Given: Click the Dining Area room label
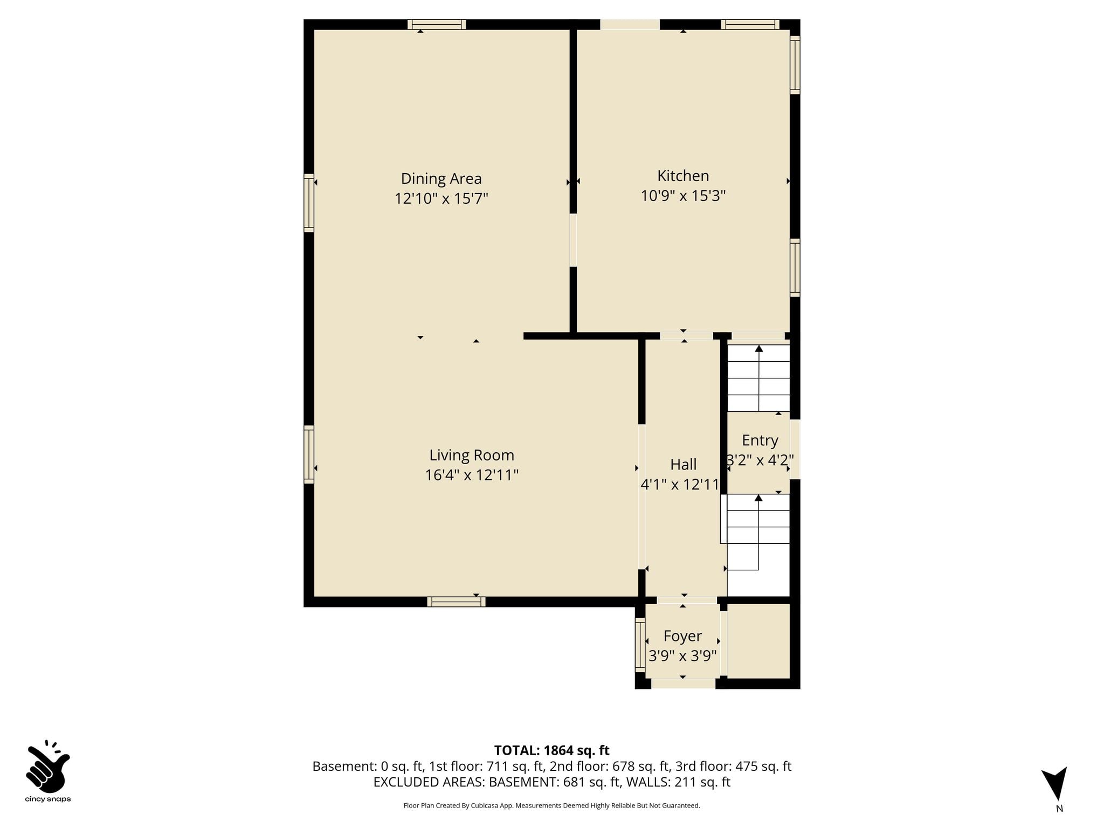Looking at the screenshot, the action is click(441, 178).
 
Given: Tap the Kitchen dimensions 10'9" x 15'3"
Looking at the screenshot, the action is click(683, 196).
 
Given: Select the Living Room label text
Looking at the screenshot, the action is click(472, 456).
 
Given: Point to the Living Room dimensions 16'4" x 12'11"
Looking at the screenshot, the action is click(472, 475).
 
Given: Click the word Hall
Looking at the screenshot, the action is click(683, 464).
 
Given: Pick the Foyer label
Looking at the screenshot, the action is click(682, 636).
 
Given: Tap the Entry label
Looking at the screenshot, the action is click(760, 440).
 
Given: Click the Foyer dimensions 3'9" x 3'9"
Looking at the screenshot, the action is click(682, 656).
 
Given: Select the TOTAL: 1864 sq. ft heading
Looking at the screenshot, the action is click(551, 750).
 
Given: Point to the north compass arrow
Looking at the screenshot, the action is click(1055, 783).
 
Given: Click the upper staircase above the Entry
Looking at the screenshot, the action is click(759, 378).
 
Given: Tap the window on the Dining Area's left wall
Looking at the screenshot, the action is click(309, 203).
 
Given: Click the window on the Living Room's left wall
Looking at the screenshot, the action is click(309, 454).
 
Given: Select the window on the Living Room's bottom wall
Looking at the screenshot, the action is click(456, 602).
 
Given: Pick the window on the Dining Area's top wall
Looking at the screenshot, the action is click(437, 24).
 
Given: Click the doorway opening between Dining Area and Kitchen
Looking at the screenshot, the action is click(573, 240).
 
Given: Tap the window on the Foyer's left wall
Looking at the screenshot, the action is click(640, 645).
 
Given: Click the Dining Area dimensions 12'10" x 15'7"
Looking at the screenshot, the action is click(441, 198).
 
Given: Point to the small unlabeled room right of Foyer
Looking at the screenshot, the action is click(758, 641).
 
